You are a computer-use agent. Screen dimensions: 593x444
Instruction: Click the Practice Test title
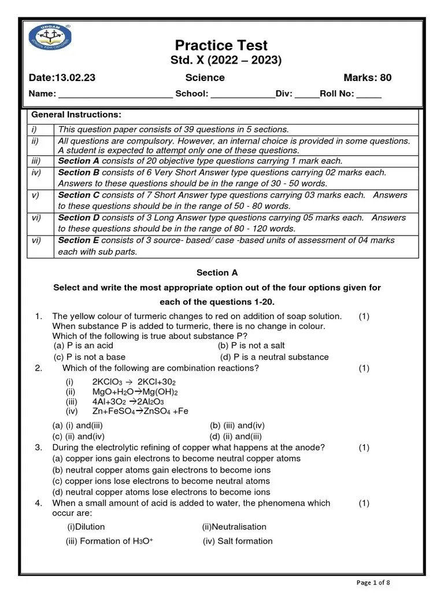tap(221, 45)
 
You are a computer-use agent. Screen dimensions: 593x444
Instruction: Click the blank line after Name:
tap(116, 94)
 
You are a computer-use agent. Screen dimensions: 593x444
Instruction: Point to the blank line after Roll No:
tap(369, 94)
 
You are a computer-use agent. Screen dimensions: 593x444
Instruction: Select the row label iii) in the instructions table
tap(36, 161)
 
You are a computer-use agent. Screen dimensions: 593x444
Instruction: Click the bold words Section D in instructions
tap(79, 218)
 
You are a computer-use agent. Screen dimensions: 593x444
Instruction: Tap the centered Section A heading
tap(217, 273)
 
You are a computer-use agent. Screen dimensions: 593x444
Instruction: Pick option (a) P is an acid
tap(83, 345)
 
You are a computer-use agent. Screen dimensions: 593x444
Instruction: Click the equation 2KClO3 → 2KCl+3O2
tap(134, 382)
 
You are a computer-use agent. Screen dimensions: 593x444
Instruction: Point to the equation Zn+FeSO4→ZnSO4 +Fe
tap(140, 411)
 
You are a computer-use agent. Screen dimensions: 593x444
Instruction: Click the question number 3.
tap(39, 447)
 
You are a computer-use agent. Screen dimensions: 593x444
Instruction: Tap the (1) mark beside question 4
tap(364, 503)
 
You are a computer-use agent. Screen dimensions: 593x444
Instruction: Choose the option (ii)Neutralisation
tap(234, 527)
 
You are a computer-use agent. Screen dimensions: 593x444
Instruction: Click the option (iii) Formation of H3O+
tap(109, 541)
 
